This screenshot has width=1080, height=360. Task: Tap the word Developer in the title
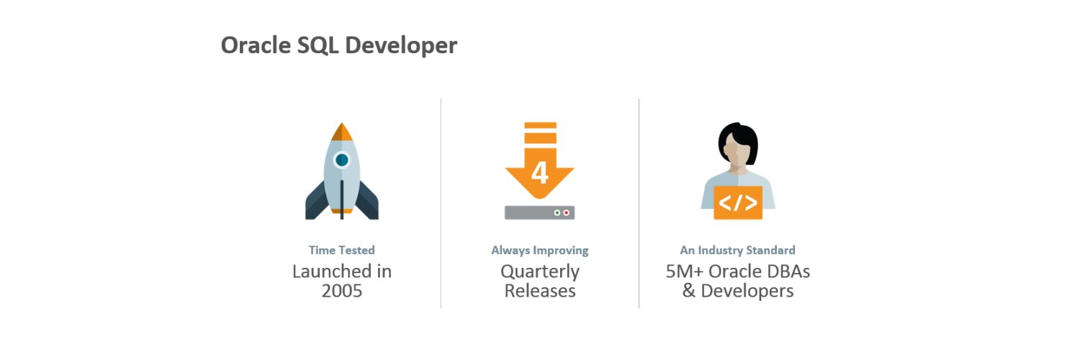[401, 46]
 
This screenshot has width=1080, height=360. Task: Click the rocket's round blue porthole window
[342, 160]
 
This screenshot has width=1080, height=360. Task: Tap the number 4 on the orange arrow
[539, 174]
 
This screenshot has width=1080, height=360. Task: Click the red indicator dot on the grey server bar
[566, 213]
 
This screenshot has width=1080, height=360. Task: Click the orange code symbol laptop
[738, 202]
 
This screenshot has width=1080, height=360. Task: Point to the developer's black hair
[738, 135]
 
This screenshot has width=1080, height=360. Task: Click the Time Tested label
[342, 251]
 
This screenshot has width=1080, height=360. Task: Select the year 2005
[342, 292]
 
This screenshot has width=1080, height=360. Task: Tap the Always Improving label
[539, 251]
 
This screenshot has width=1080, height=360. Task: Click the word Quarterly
[539, 271]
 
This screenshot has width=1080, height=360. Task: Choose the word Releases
[539, 291]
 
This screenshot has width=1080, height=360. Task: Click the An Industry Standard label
[738, 251]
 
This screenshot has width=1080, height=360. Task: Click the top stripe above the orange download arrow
[540, 126]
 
